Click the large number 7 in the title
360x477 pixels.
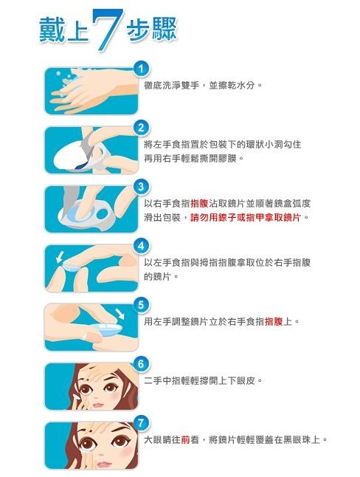pos(107,29)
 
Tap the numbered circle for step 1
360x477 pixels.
pos(141,69)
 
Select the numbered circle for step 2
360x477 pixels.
pos(141,128)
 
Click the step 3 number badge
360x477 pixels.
pos(141,187)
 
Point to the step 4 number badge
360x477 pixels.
pos(141,246)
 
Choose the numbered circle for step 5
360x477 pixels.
pos(141,305)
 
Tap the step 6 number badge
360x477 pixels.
pos(141,364)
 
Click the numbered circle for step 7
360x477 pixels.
pos(141,423)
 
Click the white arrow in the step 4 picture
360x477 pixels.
pos(60,257)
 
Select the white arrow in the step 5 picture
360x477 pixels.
pos(120,314)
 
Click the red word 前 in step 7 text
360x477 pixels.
pos(185,440)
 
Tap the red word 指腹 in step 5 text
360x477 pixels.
pos(274,321)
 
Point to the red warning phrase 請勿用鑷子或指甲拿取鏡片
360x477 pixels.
pos(246,218)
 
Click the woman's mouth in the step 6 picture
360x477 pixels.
pos(98,405)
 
